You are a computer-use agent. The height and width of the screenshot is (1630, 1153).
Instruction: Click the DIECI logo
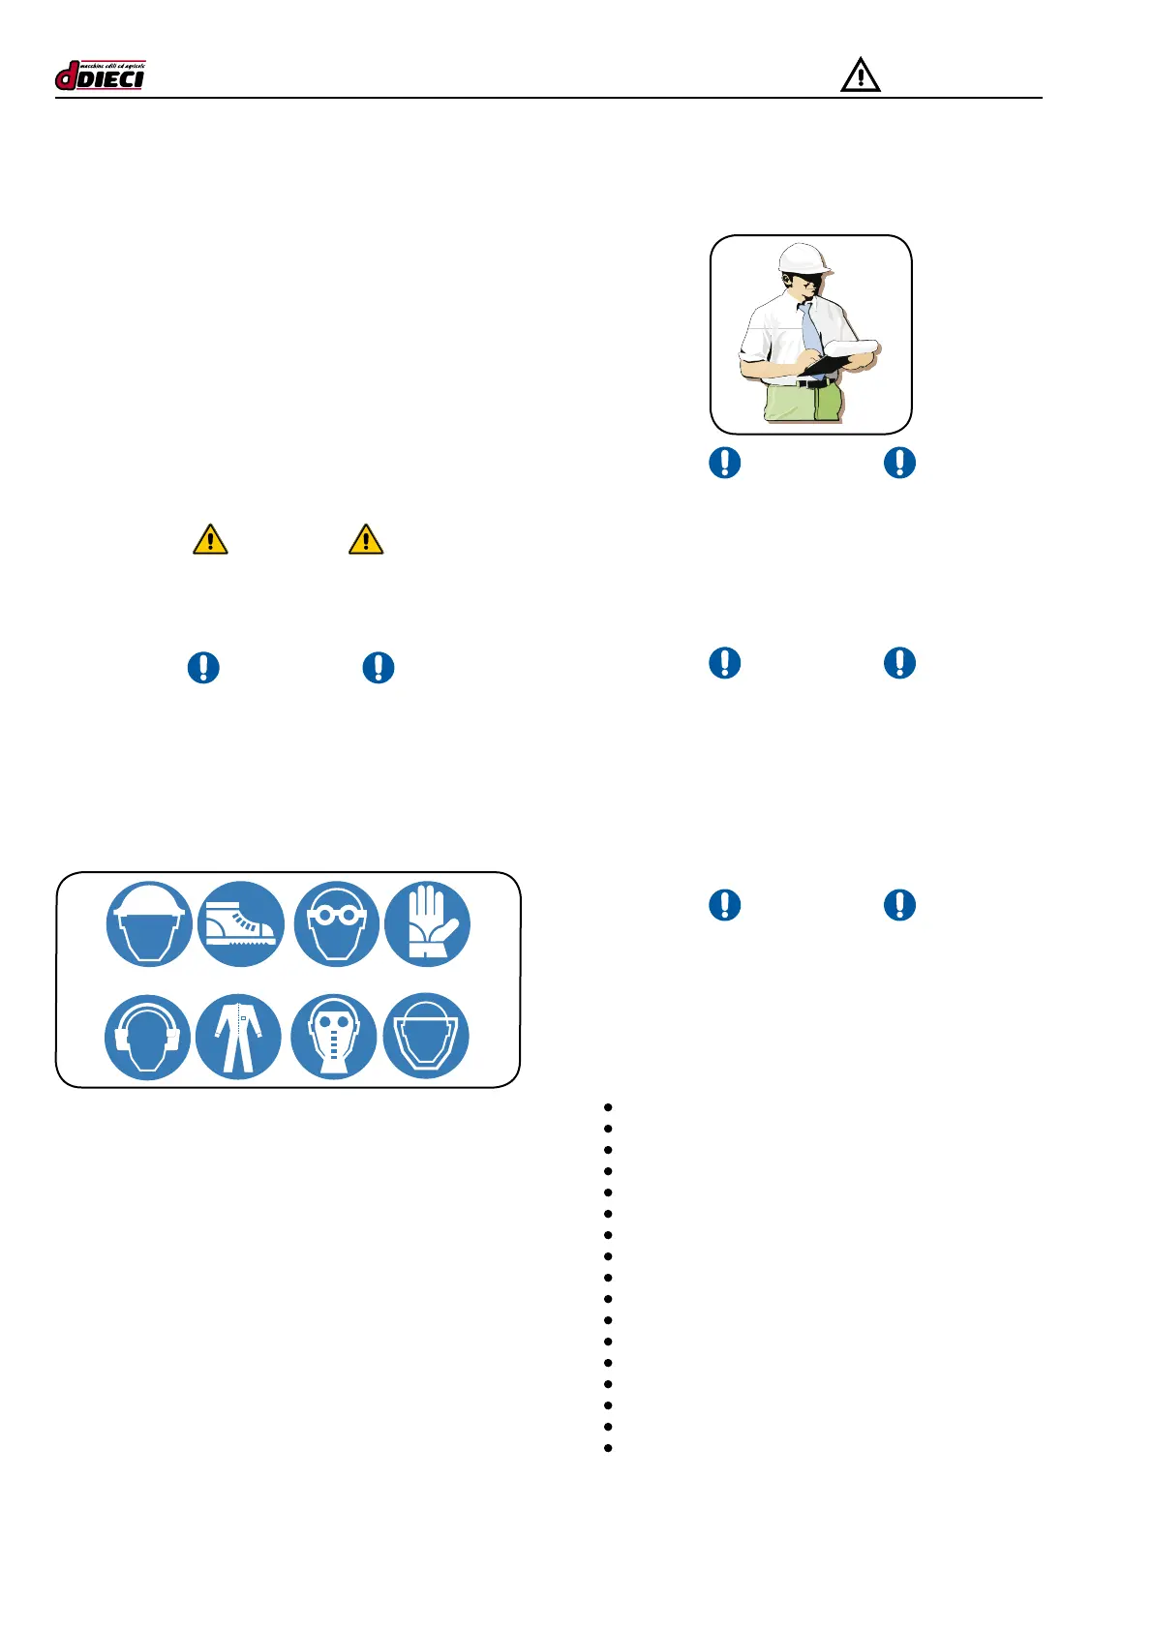[100, 75]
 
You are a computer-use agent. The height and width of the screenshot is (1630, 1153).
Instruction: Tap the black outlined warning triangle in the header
[860, 75]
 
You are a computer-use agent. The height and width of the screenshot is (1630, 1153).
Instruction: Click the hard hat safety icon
[148, 923]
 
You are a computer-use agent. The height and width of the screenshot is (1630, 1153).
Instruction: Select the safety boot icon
[240, 923]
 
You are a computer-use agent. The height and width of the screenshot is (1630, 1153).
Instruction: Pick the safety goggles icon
[336, 923]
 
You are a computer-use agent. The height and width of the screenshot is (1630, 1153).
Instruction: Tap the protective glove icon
[427, 923]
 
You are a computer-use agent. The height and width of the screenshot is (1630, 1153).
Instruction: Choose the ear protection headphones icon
[147, 1037]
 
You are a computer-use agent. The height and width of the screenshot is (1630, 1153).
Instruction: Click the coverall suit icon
[238, 1037]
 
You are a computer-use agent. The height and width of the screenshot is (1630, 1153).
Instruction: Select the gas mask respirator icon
[333, 1037]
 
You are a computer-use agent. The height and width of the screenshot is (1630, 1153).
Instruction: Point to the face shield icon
[426, 1037]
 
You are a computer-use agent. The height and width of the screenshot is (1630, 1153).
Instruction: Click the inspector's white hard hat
[805, 257]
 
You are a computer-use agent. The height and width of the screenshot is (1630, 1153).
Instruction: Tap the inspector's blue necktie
[810, 329]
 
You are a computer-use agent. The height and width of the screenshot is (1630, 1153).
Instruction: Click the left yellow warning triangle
[210, 539]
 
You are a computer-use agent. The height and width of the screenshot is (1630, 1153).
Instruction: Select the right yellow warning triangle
[366, 539]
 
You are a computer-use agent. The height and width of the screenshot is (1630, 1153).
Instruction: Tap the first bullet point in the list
[608, 1106]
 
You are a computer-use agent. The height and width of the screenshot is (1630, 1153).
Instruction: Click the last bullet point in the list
[608, 1448]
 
